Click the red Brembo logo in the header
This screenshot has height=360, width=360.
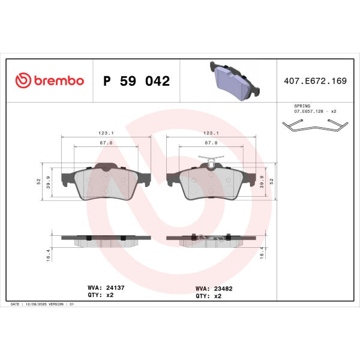click(50, 80)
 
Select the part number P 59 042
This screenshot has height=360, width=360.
click(136, 81)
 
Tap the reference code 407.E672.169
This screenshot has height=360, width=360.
click(315, 81)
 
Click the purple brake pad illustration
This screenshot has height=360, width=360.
click(235, 81)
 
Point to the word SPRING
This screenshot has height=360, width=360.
click(302, 106)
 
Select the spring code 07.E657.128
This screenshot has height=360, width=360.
click(308, 111)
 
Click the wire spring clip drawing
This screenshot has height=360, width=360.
click(315, 125)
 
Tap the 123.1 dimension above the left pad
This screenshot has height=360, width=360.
click(106, 133)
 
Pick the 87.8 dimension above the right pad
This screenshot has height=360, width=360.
click(211, 143)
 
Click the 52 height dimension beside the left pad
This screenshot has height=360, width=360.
click(38, 181)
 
